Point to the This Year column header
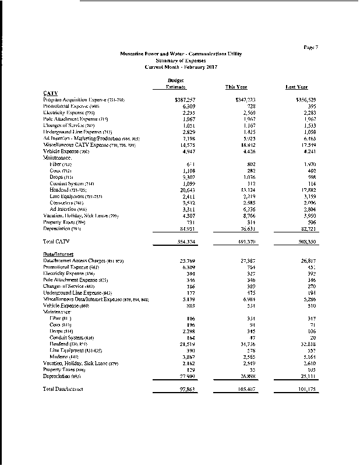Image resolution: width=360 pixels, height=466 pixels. pyautogui.click(x=236, y=87)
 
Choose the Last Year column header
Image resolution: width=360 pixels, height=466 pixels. pyautogui.click(x=297, y=87)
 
